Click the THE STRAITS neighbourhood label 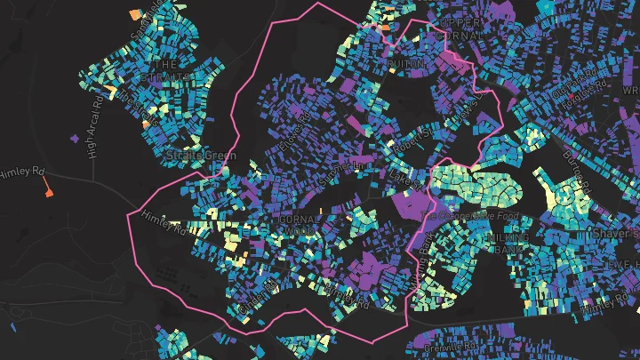click(x=172, y=72)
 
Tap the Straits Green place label click(x=202, y=156)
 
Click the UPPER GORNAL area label click(x=460, y=28)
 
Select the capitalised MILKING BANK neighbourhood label click(x=508, y=244)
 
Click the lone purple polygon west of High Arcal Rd click(x=73, y=139)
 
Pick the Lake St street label click(x=402, y=179)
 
